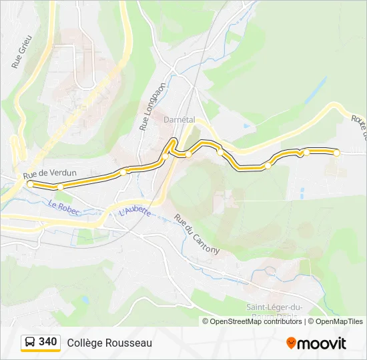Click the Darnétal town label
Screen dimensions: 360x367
pyautogui.click(x=179, y=119)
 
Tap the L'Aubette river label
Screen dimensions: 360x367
pyautogui.click(x=135, y=212)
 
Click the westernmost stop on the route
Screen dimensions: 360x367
pyautogui.click(x=30, y=184)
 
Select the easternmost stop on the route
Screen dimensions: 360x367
pyautogui.click(x=336, y=153)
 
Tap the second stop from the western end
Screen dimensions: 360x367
pyautogui.click(x=60, y=187)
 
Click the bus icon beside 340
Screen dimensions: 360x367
pyautogui.click(x=30, y=343)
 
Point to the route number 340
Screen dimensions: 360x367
pyautogui.click(x=48, y=342)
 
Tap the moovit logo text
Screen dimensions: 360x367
pyautogui.click(x=322, y=343)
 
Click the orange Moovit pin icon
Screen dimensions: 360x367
pyautogui.click(x=291, y=343)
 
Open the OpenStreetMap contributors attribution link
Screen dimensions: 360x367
pyautogui.click(x=256, y=321)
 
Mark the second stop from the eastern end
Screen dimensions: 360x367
pyautogui.click(x=302, y=153)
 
